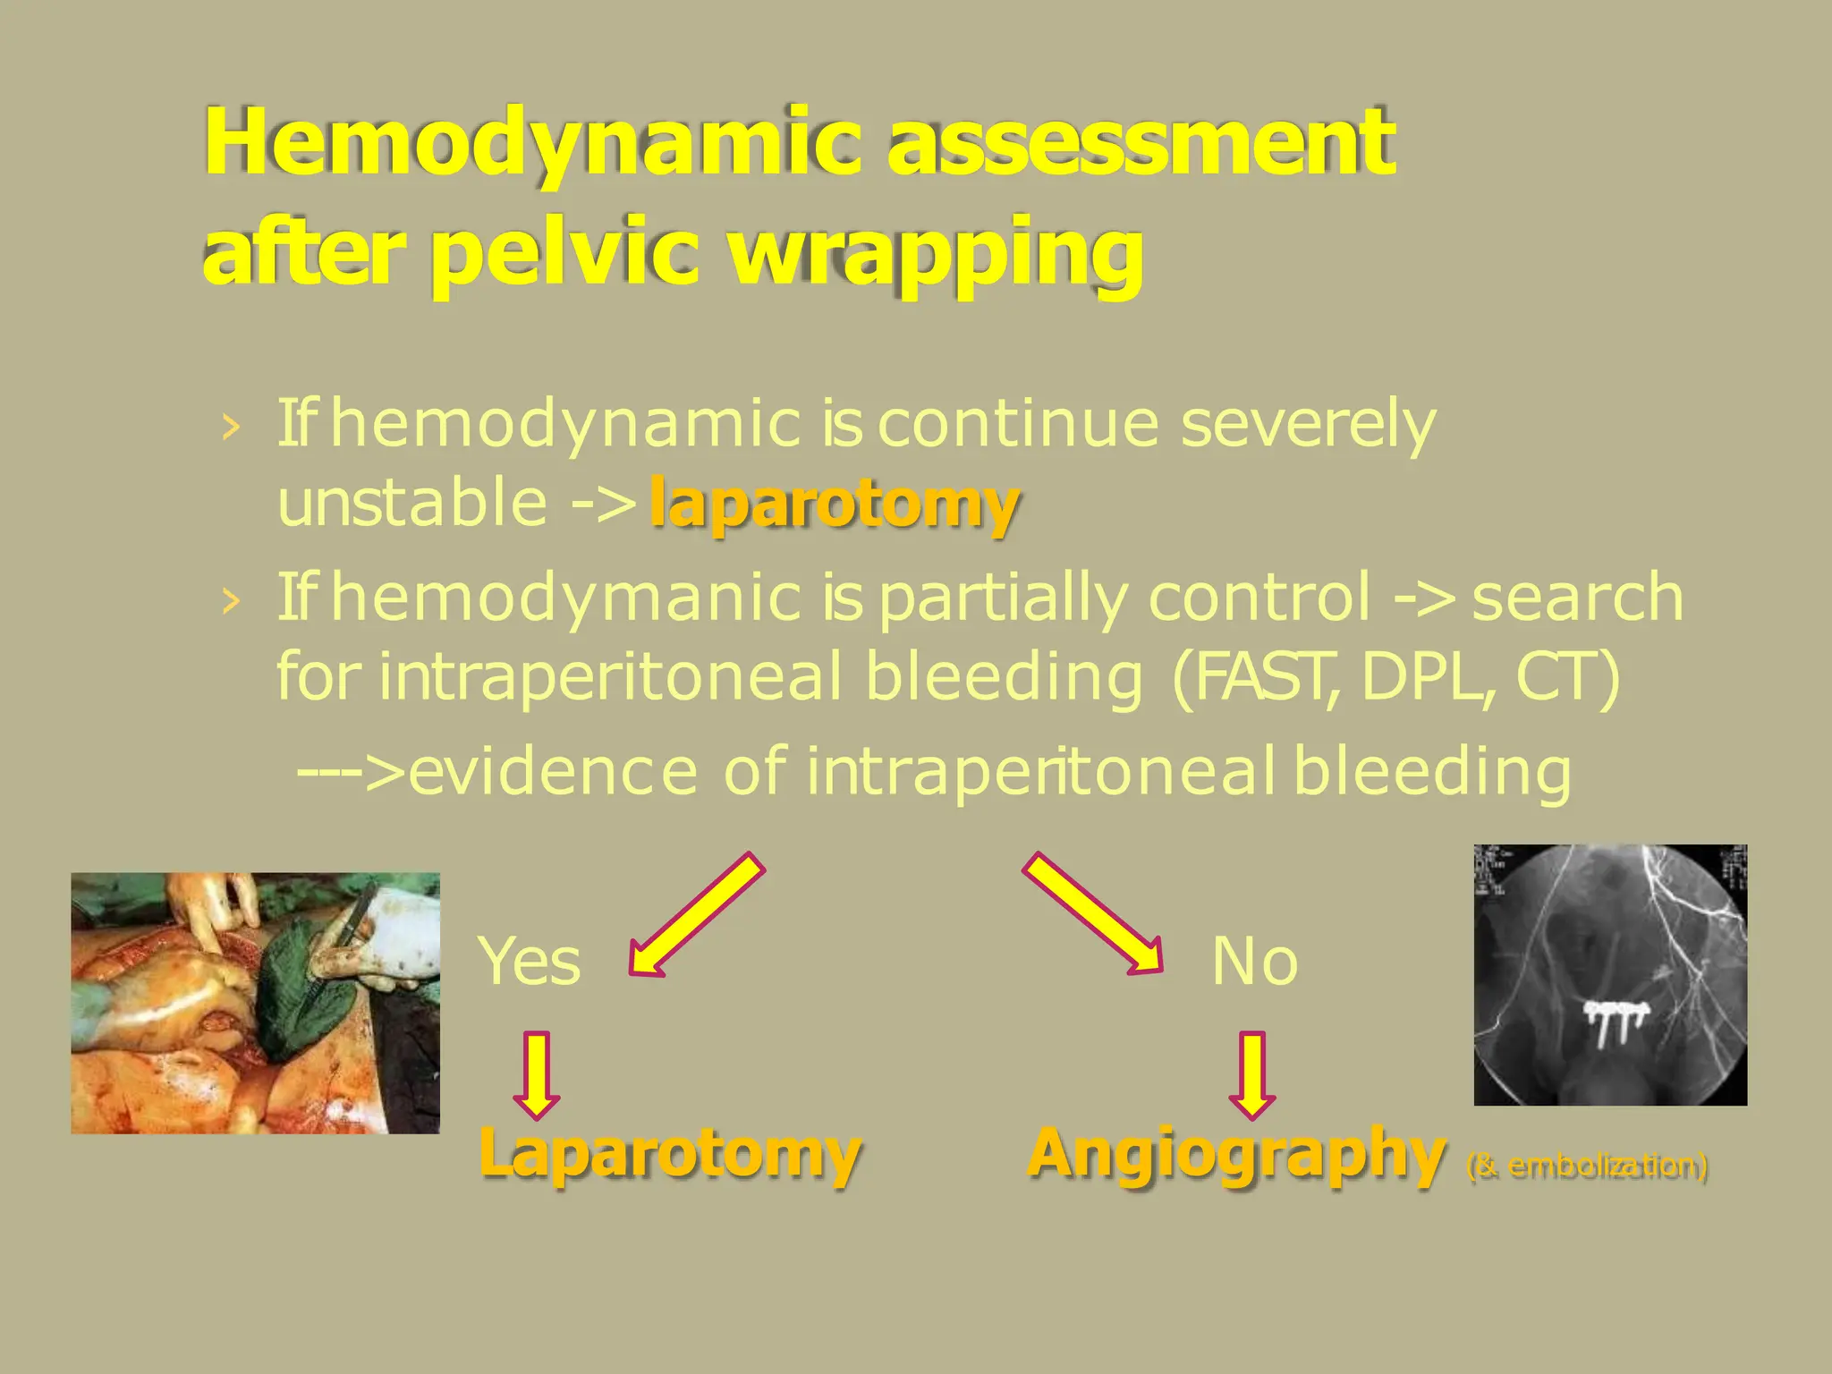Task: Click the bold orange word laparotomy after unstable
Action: [834, 504]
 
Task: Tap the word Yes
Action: [530, 962]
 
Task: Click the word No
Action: [1254, 962]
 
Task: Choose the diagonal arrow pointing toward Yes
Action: [696, 913]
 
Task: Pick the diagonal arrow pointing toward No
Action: [1093, 913]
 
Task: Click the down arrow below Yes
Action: [537, 1074]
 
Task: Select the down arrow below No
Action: [1252, 1074]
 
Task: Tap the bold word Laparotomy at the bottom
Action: [669, 1154]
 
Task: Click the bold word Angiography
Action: [1236, 1154]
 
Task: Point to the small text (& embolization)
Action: [1588, 1166]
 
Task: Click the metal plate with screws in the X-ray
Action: [1616, 1014]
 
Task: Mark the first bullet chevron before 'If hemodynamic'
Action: [231, 427]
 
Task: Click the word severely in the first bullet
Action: [1308, 424]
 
